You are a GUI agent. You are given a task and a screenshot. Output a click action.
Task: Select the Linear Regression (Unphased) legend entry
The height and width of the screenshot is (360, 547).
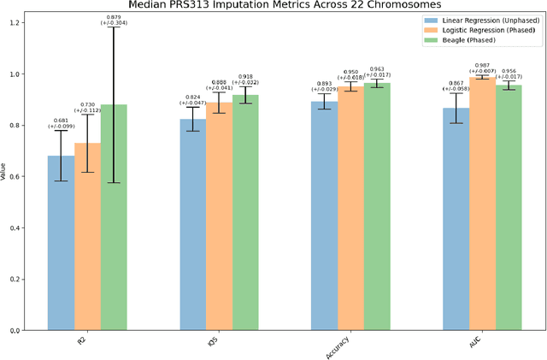tap(484, 18)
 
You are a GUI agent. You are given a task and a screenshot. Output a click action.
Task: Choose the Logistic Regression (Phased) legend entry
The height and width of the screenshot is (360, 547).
tap(484, 29)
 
